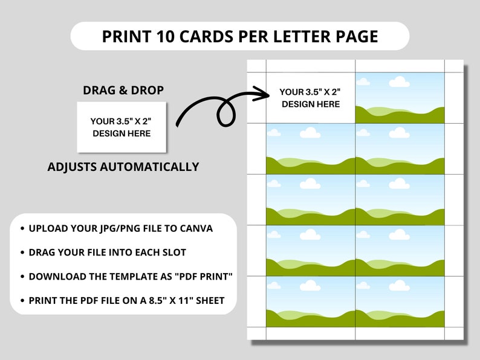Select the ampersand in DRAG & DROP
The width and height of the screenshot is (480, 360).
coord(124,91)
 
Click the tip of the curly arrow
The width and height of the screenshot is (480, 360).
coord(268,94)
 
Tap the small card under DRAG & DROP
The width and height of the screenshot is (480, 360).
coord(122,127)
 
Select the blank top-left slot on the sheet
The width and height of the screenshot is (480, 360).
coord(310,98)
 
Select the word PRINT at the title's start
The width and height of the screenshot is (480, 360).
coord(122,36)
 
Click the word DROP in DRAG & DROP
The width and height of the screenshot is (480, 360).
coord(148,91)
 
